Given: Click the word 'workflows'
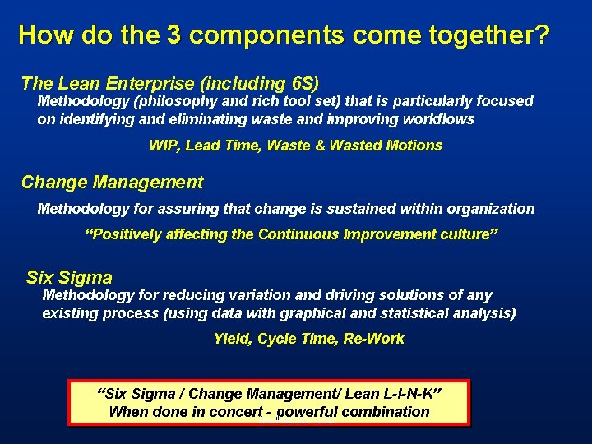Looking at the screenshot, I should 439,119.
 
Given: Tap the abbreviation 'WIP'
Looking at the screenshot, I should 164,146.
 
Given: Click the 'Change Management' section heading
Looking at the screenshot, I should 112,183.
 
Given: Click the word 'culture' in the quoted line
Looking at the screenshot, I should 463,234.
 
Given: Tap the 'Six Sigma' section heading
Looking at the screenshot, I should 69,278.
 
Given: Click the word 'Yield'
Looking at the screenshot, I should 231,339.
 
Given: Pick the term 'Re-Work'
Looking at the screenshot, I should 375,339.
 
